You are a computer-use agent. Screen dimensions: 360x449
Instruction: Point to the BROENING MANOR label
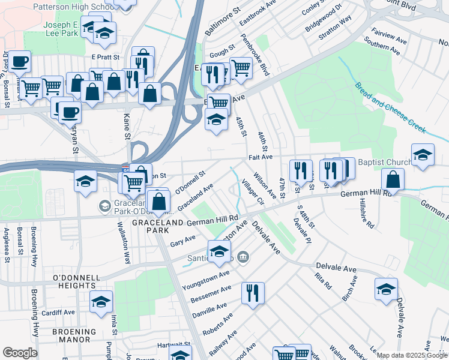[x=74, y=331]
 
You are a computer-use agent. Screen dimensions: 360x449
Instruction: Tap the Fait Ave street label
[x=261, y=157]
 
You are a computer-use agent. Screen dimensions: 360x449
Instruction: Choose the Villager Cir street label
[x=252, y=192]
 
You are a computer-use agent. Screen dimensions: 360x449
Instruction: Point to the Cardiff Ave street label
[x=59, y=312]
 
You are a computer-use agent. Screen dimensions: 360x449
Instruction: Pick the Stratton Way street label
[x=335, y=27]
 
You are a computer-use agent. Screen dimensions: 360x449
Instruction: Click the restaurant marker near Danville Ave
[x=252, y=292]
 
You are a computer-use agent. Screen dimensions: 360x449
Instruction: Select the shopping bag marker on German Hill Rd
[x=392, y=179]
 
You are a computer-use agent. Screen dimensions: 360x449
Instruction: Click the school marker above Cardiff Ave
[x=101, y=301]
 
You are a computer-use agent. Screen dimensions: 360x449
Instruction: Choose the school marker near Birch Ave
[x=386, y=289]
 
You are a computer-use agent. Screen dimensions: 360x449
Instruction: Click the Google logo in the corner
[x=20, y=353]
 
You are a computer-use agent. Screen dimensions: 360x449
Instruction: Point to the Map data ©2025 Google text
[x=412, y=355]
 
